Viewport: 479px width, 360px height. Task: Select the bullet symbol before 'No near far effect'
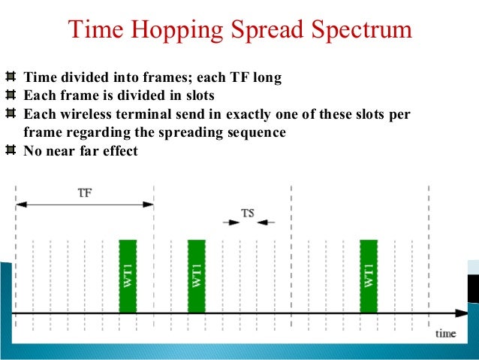click(x=11, y=150)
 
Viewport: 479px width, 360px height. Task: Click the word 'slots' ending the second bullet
click(x=197, y=96)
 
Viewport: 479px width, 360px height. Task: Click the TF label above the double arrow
click(x=86, y=192)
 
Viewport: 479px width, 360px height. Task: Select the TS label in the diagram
click(x=248, y=213)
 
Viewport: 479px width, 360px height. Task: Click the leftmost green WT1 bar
click(x=128, y=275)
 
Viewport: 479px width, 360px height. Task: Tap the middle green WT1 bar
click(x=196, y=275)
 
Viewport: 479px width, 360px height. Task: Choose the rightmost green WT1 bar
click(x=368, y=275)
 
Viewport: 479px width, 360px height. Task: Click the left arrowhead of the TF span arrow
click(x=21, y=204)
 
